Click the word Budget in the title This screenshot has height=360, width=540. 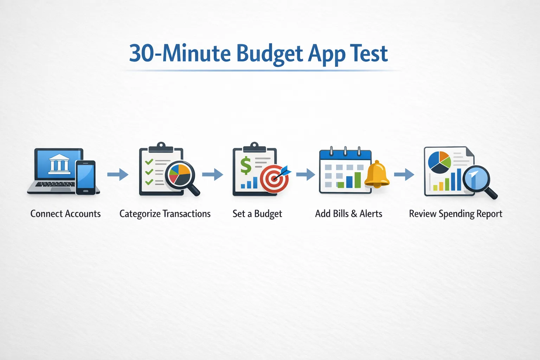pos(269,54)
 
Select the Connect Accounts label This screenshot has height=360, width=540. pos(65,214)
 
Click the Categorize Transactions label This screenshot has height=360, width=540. pos(165,214)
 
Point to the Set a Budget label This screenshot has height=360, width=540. pos(257,214)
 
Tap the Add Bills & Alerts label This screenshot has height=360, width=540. pos(348,214)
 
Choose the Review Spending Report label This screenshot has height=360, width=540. pos(455,214)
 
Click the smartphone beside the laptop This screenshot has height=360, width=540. pos(85,177)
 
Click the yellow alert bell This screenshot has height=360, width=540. pos(377,174)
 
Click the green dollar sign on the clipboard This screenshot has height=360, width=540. pos(246,166)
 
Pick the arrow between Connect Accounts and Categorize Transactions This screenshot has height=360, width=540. pos(118,174)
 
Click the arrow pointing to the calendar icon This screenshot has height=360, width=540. pos(306,174)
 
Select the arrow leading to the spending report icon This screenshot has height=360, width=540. pos(404,174)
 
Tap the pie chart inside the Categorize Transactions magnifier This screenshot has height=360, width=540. pos(179,174)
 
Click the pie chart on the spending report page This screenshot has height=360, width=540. pos(439,162)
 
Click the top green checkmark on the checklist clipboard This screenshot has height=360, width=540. pos(149,162)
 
